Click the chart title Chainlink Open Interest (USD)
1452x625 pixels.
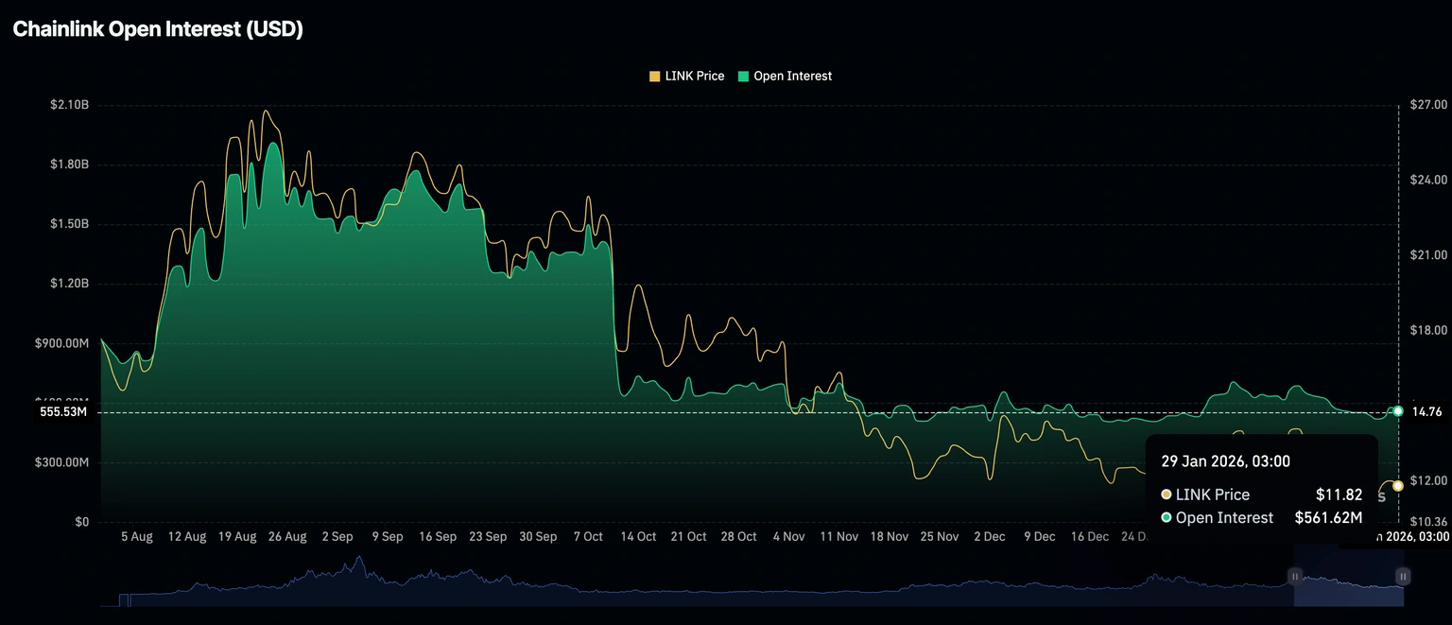tap(158, 29)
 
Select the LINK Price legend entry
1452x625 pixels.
tap(686, 76)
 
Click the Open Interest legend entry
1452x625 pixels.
tap(785, 76)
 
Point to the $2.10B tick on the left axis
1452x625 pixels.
tap(69, 105)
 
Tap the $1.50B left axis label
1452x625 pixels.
tap(69, 224)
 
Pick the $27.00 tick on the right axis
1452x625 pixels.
tap(1428, 104)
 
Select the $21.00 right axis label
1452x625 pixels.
tap(1428, 255)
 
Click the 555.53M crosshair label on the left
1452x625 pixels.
tap(63, 412)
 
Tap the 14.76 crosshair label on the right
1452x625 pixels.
tap(1426, 411)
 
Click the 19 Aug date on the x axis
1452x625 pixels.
tap(237, 536)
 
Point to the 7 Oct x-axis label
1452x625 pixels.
tap(588, 536)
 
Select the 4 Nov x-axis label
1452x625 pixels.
tap(788, 536)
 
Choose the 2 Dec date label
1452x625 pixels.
tap(989, 536)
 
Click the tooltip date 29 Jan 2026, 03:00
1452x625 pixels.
tap(1225, 461)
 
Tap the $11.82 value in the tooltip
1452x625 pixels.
tap(1339, 495)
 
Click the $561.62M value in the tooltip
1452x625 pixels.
tap(1328, 517)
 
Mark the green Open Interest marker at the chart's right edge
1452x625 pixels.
tap(1398, 410)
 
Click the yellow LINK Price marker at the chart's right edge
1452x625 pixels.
tap(1398, 485)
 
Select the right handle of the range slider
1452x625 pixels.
tap(1404, 576)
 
